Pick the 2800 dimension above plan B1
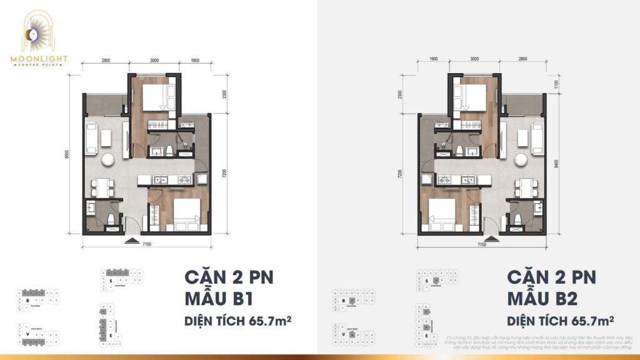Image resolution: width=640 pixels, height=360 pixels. point(104,61)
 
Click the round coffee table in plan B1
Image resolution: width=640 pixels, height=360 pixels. point(109,159)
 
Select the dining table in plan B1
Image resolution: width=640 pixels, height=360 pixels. point(101,186)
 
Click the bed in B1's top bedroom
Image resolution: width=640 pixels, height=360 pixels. point(153,97)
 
